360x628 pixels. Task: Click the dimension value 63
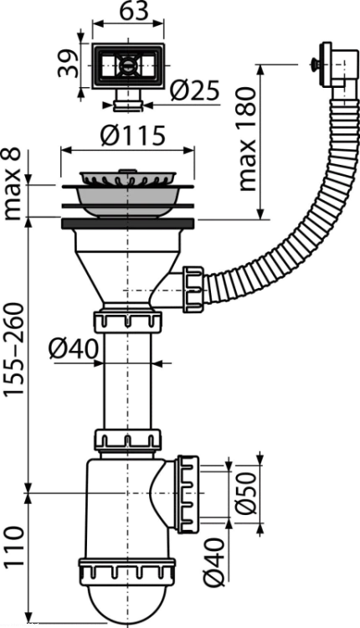tap(129, 11)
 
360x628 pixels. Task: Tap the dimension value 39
tap(67, 63)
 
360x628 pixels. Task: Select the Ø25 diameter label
tap(195, 90)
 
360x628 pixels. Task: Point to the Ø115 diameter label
tap(132, 136)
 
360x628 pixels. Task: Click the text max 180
tap(246, 139)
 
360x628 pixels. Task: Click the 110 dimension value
tap(13, 546)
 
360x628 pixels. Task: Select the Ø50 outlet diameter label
tap(244, 493)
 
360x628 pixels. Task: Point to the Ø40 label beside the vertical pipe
tap(74, 349)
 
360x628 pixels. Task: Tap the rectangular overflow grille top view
tap(128, 66)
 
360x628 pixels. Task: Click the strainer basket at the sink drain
tap(128, 178)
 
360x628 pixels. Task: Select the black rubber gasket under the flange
tap(128, 224)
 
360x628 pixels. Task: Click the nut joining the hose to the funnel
tap(193, 288)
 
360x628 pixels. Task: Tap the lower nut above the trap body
tap(128, 440)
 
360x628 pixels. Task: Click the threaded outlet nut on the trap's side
tap(188, 494)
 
